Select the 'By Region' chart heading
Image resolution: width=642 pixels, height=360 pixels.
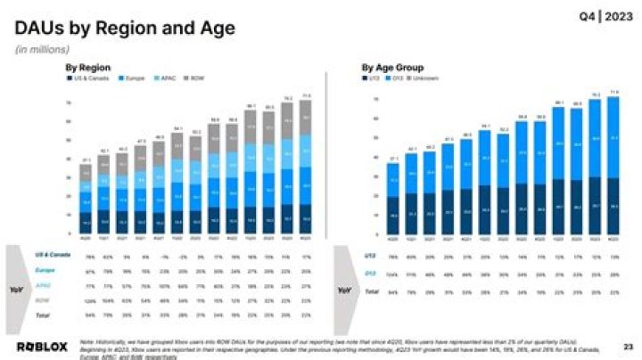(87, 67)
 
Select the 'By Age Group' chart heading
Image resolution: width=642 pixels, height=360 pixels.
(392, 67)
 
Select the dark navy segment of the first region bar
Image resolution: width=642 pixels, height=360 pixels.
(86, 224)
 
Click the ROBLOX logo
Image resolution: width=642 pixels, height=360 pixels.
(42, 346)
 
